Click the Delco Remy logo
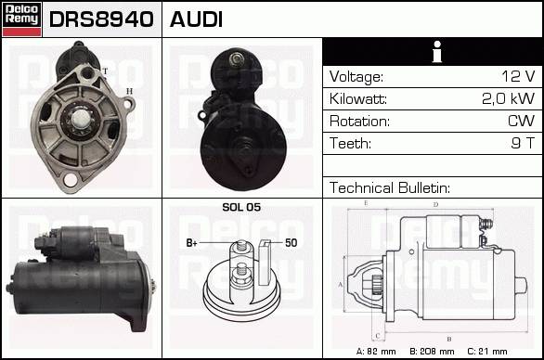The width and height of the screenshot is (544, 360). coord(22,19)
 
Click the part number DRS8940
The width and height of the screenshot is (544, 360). coord(101,19)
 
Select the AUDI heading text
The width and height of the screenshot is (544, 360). coord(196,19)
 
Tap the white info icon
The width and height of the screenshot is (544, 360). coord(437,52)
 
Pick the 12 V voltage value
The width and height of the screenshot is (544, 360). coord(518,76)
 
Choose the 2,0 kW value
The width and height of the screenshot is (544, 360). coord(509,98)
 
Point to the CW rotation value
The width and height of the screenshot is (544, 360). coord(521,121)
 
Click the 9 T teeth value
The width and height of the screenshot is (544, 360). coord(523,143)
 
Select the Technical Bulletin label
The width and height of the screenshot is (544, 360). coord(390,188)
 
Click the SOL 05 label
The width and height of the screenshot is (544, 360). coord(241,208)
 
